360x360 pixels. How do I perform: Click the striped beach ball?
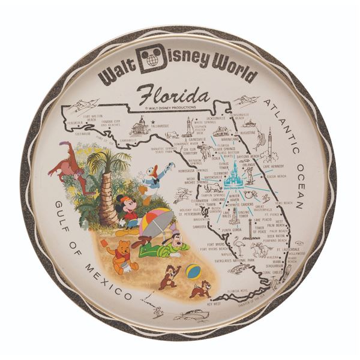coord(193,271)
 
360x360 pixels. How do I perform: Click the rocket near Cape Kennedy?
coord(270,145)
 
